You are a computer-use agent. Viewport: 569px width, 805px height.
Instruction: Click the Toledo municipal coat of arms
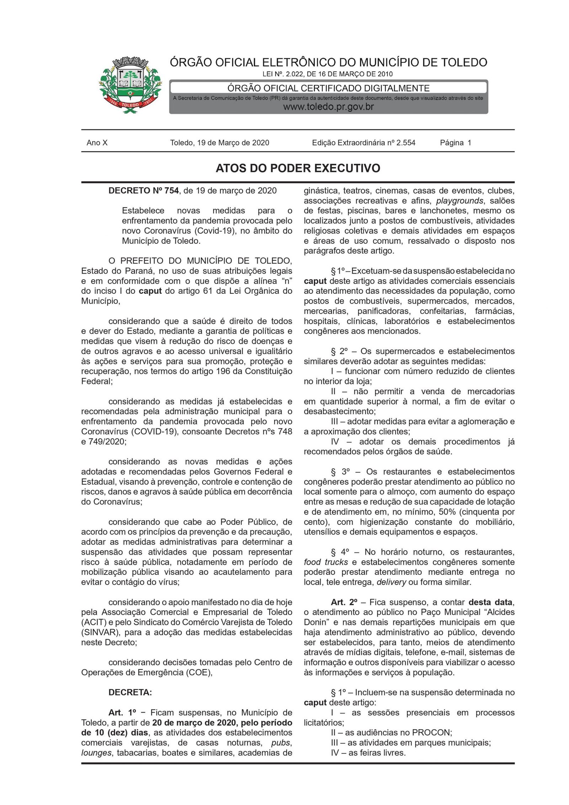click(x=130, y=85)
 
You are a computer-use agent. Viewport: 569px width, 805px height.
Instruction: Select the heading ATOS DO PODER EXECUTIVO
click(x=298, y=168)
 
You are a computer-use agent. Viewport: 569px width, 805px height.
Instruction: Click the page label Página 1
click(x=455, y=143)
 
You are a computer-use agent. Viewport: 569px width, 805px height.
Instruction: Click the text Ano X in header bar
click(x=97, y=143)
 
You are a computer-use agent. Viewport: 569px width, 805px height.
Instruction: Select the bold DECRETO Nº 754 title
click(x=143, y=191)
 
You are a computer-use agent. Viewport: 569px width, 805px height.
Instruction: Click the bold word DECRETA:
click(x=130, y=693)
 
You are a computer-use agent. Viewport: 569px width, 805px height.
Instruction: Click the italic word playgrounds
click(x=459, y=201)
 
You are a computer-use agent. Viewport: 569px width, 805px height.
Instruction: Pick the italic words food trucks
click(x=325, y=562)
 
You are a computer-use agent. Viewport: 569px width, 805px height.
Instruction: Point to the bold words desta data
click(x=490, y=603)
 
